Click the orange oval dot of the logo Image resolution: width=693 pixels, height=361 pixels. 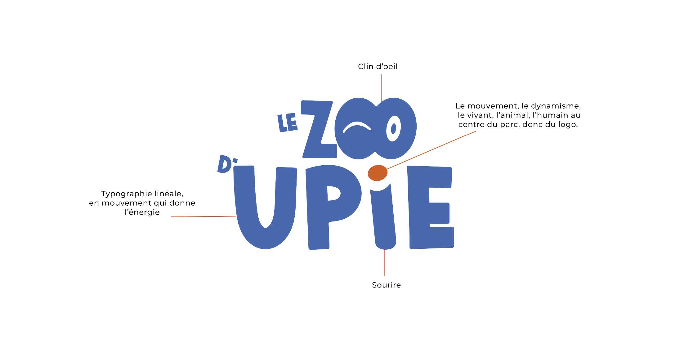378,173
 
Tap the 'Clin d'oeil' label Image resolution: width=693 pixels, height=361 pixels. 378,67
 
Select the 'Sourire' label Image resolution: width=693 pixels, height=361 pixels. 386,285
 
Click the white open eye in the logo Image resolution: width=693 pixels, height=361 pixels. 393,128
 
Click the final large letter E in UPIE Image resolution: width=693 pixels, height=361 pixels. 431,207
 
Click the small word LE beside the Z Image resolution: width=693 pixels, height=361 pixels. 287,123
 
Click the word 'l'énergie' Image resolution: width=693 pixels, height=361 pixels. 142,212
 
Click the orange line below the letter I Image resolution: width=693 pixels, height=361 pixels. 385,262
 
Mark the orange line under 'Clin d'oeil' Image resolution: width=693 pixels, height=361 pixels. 381,88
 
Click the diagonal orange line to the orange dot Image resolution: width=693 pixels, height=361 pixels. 431,150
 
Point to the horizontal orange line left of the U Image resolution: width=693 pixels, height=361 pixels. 204,216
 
